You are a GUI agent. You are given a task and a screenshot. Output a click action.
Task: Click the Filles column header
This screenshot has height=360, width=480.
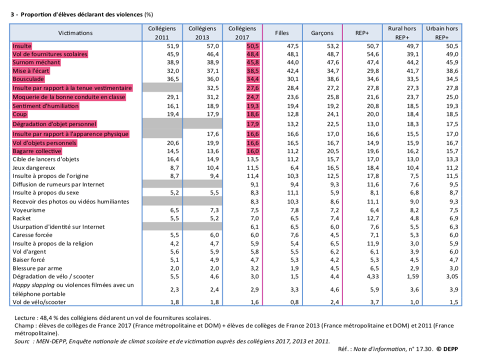coord(281,33)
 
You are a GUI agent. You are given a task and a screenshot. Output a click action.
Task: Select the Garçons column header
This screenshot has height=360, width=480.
coord(322,33)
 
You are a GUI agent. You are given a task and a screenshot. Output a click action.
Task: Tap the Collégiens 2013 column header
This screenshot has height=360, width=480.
coord(202,33)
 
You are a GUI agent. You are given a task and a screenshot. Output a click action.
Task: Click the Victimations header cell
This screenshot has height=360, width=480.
coord(75,33)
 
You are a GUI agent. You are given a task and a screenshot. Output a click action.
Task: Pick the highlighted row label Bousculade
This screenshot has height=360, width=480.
coord(28,79)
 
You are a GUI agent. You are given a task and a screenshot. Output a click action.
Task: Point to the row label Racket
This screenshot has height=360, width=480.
coord(21,218)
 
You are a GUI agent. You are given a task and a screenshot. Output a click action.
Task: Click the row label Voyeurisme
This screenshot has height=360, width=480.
coord(29,210)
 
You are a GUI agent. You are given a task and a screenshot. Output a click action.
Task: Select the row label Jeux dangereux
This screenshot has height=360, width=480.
coord(33,168)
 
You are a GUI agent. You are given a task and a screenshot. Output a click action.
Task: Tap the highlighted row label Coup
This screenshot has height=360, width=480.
coord(19,114)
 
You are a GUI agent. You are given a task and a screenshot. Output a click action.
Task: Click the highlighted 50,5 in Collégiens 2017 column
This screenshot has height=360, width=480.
coord(253,46)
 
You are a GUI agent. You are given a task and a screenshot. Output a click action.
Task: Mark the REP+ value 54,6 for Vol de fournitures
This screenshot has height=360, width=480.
coord(372,54)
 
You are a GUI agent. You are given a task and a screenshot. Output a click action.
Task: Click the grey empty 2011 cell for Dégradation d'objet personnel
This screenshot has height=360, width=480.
coord(162,124)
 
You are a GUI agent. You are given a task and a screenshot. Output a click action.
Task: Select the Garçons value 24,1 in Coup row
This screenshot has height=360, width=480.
coord(333,114)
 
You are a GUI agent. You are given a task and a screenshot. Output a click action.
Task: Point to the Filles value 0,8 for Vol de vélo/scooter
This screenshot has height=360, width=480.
coord(294,302)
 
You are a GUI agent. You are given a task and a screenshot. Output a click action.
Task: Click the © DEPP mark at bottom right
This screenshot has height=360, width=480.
coord(447,349)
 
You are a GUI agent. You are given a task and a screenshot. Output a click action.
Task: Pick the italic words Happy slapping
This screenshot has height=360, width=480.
coord(33,285)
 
